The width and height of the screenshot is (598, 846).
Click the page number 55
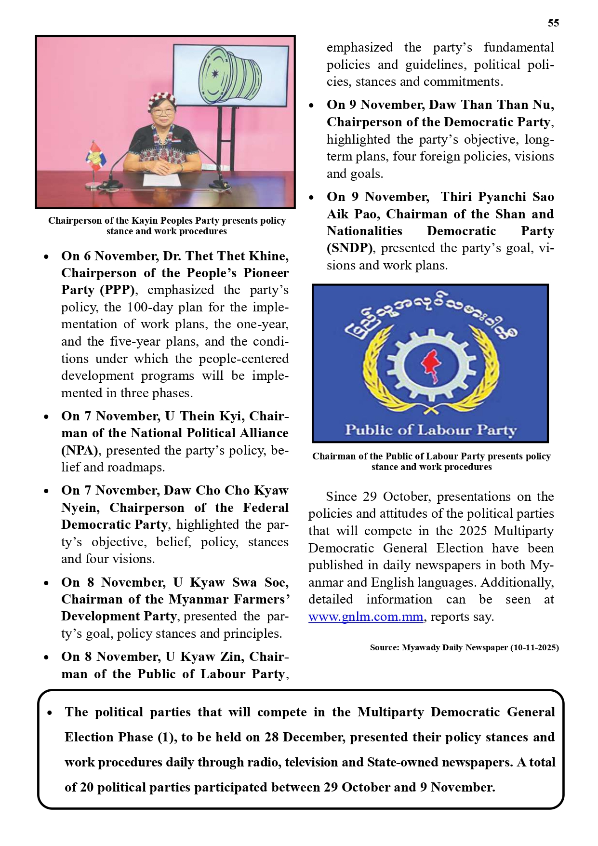[553, 23]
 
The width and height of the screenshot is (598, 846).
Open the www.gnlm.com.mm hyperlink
[366, 617]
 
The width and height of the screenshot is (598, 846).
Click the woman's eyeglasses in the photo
[162, 112]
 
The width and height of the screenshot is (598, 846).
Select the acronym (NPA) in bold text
[80, 451]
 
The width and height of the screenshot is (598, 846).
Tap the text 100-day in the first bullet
[148, 308]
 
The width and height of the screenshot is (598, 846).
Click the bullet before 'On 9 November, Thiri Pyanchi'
[312, 197]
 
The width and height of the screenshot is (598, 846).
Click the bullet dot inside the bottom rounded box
[50, 712]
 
